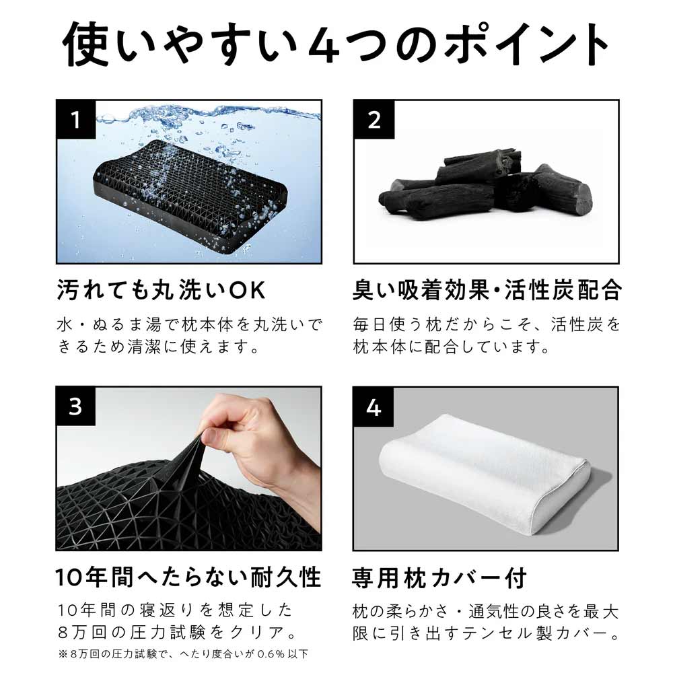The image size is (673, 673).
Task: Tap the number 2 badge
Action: (x=374, y=120)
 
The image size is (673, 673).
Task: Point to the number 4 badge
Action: (x=374, y=407)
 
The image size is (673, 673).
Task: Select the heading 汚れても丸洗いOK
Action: (x=162, y=291)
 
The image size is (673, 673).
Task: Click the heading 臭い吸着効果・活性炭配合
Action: (x=486, y=291)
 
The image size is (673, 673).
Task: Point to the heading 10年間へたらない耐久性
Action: (x=188, y=577)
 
